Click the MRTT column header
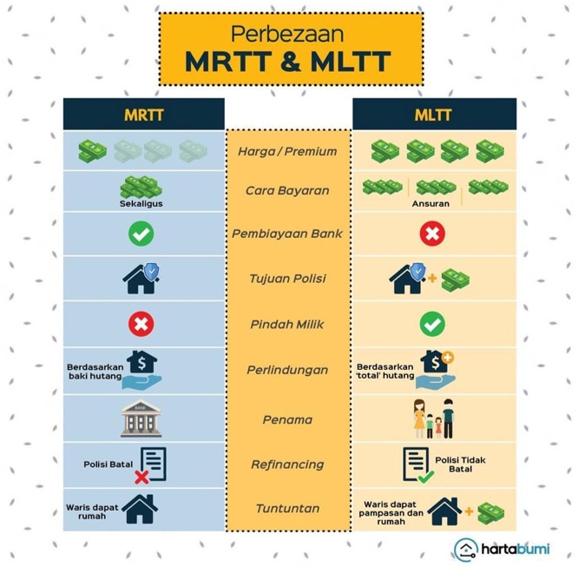pyautogui.click(x=144, y=115)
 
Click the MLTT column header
pyautogui.click(x=433, y=115)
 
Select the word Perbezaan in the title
pyautogui.click(x=287, y=34)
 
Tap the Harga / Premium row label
pyautogui.click(x=287, y=152)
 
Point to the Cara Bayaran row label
pyautogui.click(x=287, y=191)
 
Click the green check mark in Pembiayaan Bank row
pyautogui.click(x=141, y=234)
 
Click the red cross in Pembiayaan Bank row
pyautogui.click(x=432, y=234)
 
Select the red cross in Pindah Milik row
pyautogui.click(x=141, y=324)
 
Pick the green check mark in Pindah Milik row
pyautogui.click(x=432, y=324)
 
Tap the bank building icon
pyautogui.click(x=141, y=418)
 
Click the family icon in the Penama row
pyautogui.click(x=433, y=419)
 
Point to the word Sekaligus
pyautogui.click(x=141, y=204)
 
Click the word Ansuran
pyautogui.click(x=431, y=204)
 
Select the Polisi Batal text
pyautogui.click(x=108, y=465)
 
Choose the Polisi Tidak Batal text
pyautogui.click(x=460, y=465)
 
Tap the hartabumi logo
pyautogui.click(x=502, y=549)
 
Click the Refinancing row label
pyautogui.click(x=287, y=465)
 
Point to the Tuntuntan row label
pyautogui.click(x=287, y=508)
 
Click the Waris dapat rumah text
pyautogui.click(x=92, y=511)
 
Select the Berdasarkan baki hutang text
pyautogui.click(x=95, y=372)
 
